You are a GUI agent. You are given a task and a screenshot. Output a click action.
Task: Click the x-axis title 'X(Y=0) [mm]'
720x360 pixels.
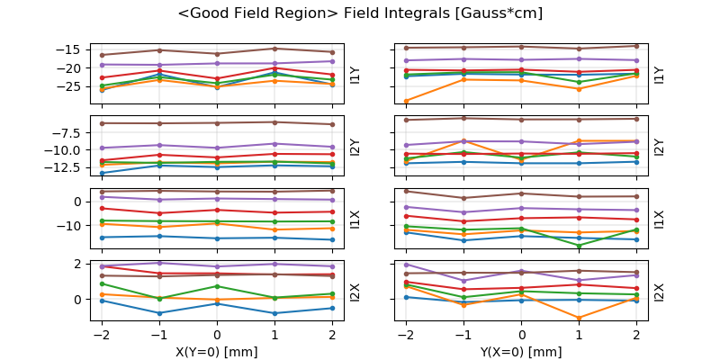(217, 352)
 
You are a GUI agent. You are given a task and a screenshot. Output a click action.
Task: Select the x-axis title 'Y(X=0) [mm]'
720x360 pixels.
(522, 352)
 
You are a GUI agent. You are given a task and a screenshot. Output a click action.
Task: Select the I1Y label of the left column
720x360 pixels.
(355, 74)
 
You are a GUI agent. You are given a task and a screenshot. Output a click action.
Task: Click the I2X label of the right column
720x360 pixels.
(660, 292)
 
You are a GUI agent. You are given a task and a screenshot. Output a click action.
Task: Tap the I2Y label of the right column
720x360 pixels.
(660, 147)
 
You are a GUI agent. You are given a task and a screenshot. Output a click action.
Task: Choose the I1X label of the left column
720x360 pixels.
(355, 219)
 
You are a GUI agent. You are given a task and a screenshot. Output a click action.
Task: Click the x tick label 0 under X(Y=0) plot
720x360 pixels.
(217, 335)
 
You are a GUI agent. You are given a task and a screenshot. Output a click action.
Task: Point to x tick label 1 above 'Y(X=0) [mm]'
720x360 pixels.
(579, 335)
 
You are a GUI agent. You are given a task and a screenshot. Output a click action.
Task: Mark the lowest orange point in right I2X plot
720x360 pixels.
(579, 318)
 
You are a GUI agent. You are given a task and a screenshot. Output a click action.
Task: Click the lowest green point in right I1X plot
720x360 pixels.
(579, 245)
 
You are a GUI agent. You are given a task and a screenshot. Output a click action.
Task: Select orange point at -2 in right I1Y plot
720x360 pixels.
(407, 101)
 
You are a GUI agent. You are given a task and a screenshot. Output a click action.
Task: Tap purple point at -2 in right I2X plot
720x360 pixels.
(407, 265)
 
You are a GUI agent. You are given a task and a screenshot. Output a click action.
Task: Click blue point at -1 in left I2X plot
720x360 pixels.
(159, 313)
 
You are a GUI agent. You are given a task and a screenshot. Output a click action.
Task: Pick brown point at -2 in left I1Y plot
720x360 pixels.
(102, 55)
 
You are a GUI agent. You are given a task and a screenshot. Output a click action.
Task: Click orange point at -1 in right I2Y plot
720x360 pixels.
(464, 140)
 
